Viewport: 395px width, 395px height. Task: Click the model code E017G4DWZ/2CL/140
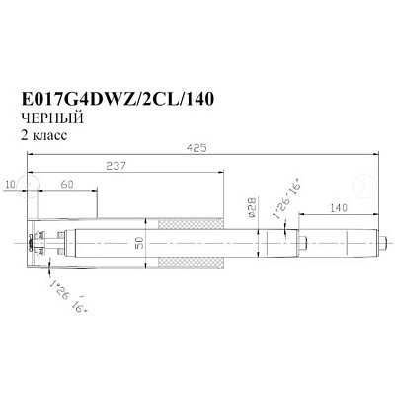[x=118, y=99]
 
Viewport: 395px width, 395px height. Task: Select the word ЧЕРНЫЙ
[x=52, y=118]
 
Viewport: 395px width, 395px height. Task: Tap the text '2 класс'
[x=44, y=135]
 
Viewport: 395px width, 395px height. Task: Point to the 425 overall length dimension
[x=197, y=148]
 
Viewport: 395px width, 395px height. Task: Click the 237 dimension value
[x=116, y=166]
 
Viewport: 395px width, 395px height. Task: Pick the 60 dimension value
[x=67, y=185]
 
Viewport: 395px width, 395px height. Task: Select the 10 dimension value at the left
[x=11, y=185]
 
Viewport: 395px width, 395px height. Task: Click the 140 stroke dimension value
[x=338, y=208]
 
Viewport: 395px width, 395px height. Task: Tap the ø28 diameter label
[x=252, y=207]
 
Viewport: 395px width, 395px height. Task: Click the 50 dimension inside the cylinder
[x=139, y=243]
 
